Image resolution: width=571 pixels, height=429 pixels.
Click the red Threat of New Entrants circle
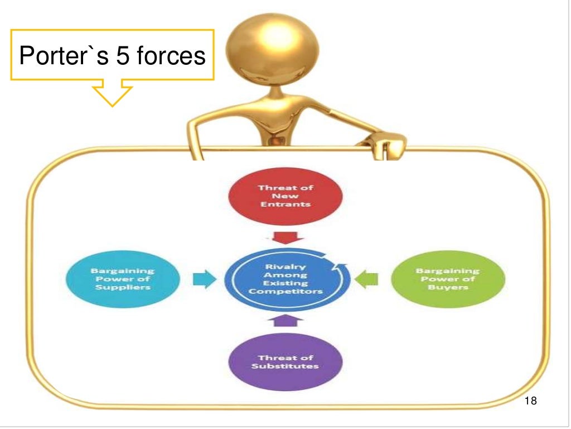tap(285, 196)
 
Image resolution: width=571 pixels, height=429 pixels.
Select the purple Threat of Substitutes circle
tap(285, 361)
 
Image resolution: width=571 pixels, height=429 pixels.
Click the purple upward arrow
tap(285, 320)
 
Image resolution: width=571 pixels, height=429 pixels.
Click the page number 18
tap(531, 401)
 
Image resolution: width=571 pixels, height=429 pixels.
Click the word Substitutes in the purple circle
tap(285, 366)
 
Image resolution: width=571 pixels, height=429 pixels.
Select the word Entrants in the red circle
tap(285, 204)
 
